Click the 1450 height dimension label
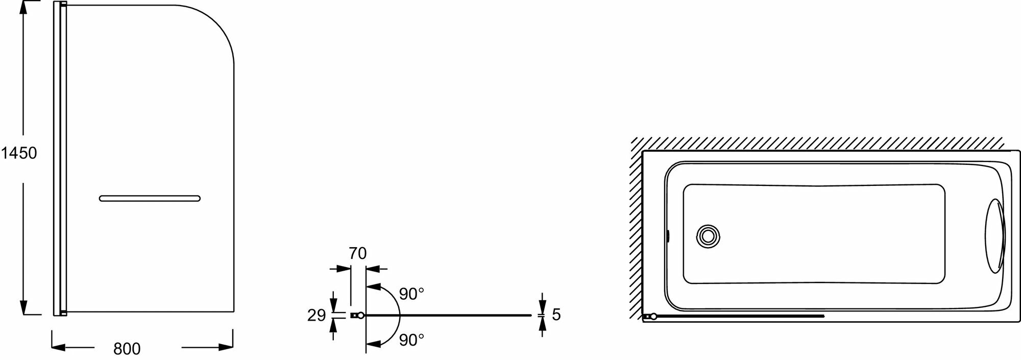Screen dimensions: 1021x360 click(x=19, y=153)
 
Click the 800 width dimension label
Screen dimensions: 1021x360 click(x=127, y=349)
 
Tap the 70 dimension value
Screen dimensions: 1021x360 click(x=358, y=253)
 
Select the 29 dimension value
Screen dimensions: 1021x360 click(x=317, y=315)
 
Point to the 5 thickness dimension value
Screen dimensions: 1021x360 click(x=556, y=315)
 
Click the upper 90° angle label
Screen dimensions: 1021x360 click(x=411, y=294)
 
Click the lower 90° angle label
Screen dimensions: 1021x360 click(x=411, y=340)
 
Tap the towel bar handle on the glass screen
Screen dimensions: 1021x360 click(x=150, y=198)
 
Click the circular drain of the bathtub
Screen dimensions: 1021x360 click(x=708, y=236)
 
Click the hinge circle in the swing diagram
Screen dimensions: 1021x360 click(x=361, y=316)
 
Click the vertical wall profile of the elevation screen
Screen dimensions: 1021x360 click(x=60, y=158)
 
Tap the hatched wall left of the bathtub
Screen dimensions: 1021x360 click(x=636, y=230)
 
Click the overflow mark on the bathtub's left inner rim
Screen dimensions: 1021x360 click(x=668, y=236)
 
